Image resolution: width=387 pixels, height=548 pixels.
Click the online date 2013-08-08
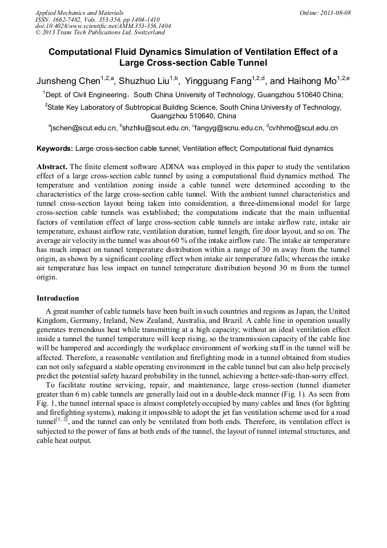click(335, 13)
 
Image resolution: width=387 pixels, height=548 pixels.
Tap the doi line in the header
click(103, 26)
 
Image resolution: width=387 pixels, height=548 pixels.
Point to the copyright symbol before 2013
click(38, 33)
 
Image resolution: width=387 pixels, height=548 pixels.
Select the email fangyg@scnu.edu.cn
click(229, 129)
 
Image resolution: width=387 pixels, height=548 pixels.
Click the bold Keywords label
click(54, 149)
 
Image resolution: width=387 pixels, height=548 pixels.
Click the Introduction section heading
click(58, 298)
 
